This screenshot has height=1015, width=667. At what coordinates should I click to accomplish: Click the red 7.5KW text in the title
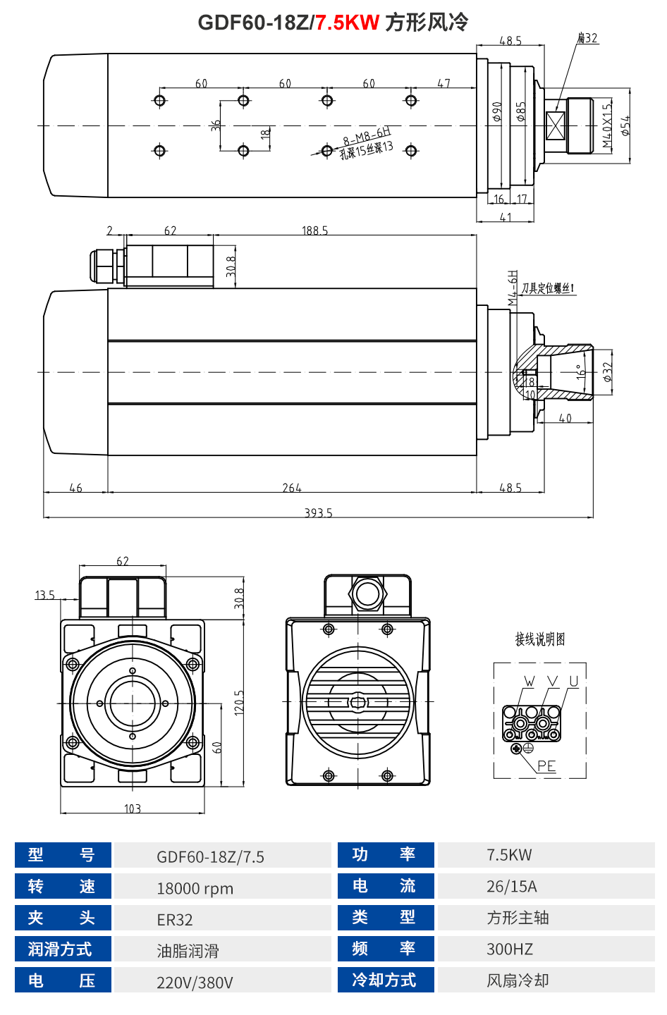[347, 23]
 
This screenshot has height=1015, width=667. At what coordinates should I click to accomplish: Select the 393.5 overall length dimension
[318, 513]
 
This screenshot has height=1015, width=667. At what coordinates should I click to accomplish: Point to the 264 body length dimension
[292, 488]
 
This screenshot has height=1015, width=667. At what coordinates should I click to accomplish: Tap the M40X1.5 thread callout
[607, 126]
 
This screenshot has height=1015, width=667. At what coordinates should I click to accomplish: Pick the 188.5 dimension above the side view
[314, 230]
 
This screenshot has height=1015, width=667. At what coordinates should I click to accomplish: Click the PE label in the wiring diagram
[546, 765]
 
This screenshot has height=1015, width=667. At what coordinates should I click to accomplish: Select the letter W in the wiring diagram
[530, 682]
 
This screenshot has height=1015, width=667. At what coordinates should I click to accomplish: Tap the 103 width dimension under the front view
[133, 808]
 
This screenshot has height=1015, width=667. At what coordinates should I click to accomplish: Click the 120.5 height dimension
[240, 702]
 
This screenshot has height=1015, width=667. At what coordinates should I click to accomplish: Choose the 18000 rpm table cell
[195, 888]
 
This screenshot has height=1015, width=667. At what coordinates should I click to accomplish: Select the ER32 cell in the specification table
[175, 920]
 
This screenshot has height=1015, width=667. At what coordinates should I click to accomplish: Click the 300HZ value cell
[510, 949]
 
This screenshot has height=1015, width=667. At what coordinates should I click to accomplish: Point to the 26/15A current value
[512, 886]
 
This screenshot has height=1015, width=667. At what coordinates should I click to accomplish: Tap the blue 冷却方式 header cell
[384, 980]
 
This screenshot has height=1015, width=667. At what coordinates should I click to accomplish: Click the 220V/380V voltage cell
[195, 983]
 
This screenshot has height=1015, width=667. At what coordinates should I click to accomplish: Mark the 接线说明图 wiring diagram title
[540, 639]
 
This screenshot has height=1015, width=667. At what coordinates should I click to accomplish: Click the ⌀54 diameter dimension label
[625, 125]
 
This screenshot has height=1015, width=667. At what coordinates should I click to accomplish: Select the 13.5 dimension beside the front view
[45, 596]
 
